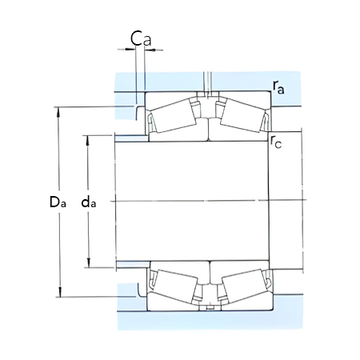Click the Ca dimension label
(141, 37)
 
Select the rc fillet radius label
(276, 143)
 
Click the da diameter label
(89, 203)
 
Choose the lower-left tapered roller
(174, 284)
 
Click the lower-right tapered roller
(241, 284)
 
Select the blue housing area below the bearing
(208, 322)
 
